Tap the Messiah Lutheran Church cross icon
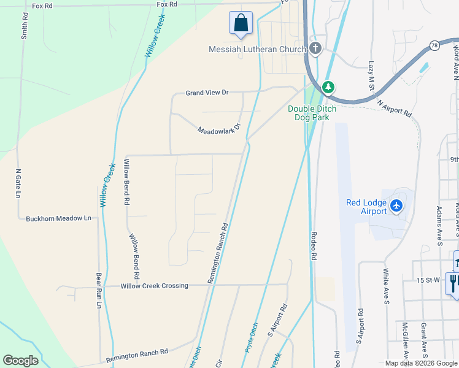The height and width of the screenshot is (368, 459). [315, 49]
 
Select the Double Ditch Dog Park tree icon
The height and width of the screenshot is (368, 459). [328, 88]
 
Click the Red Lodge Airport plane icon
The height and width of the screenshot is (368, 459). [397, 205]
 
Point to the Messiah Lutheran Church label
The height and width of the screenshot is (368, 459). [257, 50]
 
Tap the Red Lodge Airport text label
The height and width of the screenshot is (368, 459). [366, 207]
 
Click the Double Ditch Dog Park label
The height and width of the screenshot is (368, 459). [312, 113]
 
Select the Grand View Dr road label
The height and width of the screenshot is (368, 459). [207, 93]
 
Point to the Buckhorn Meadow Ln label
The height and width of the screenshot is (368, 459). [58, 218]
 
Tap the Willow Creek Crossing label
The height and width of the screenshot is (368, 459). [154, 286]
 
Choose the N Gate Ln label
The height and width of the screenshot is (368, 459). [18, 183]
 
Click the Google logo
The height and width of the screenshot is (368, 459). [20, 361]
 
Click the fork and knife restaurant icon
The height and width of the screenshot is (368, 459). [453, 283]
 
